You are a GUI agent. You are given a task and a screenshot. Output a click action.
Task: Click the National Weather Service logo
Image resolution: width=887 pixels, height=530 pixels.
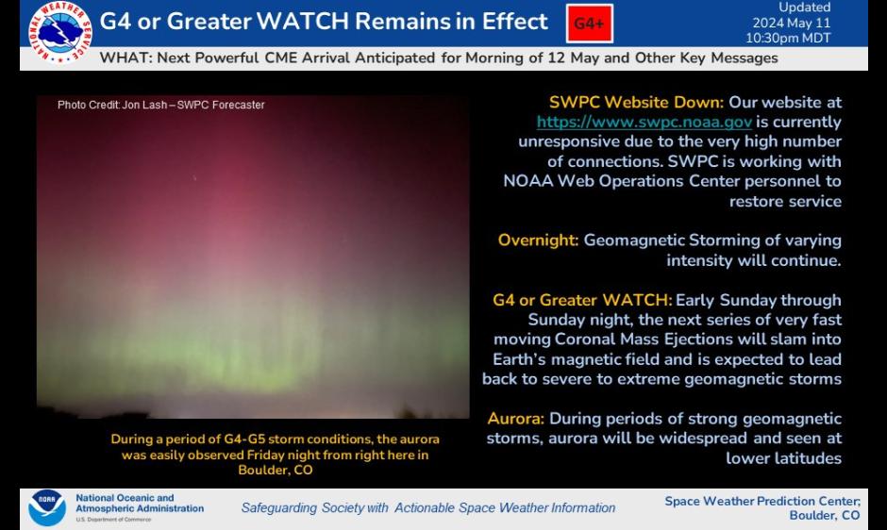[60, 32]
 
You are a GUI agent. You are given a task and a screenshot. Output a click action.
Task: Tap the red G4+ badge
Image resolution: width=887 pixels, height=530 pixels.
[590, 24]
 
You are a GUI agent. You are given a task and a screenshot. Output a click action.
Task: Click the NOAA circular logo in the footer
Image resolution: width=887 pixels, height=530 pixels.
[47, 507]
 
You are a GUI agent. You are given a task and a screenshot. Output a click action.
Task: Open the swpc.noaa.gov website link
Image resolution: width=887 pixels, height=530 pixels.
[644, 122]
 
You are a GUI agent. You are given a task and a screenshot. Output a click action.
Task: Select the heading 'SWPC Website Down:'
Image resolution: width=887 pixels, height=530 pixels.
[636, 102]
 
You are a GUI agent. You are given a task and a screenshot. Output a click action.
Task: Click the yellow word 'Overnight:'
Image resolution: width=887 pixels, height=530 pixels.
[538, 240]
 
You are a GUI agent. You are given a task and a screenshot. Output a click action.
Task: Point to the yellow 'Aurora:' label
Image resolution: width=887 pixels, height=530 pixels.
[515, 419]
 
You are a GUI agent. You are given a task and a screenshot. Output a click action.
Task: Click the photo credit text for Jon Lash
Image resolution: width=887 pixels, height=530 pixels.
[161, 105]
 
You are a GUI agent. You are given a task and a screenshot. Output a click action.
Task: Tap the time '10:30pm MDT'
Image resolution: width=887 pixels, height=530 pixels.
[788, 38]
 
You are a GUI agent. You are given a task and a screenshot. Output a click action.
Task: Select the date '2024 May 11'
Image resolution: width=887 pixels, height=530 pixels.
[792, 23]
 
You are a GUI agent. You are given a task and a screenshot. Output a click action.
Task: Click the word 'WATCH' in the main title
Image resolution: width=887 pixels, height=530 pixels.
[303, 22]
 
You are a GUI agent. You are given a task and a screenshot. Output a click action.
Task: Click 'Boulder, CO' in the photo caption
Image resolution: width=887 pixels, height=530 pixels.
[276, 470]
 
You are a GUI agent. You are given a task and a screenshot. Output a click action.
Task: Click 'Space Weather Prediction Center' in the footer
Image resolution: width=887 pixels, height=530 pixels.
[762, 501]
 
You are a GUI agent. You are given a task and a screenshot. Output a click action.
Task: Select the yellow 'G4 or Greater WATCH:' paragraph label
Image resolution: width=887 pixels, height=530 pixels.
[582, 300]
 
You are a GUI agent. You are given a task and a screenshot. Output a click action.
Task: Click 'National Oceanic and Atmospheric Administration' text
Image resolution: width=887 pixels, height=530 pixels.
[140, 504]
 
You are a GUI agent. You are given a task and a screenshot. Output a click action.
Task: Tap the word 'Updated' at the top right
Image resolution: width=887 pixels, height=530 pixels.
[804, 8]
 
